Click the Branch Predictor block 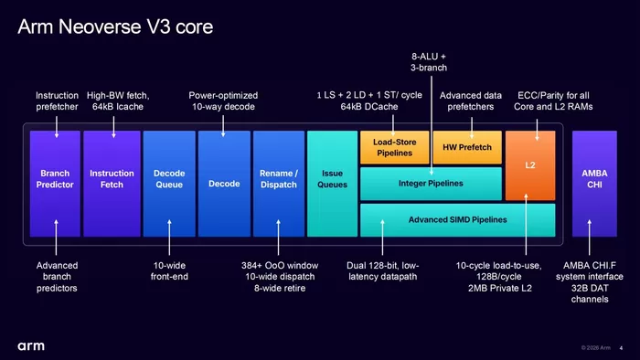(x=55, y=184)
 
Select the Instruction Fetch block (x=112, y=184)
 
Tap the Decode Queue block (x=169, y=184)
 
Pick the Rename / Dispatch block (x=279, y=184)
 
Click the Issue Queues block (x=332, y=184)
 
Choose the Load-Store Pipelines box (x=394, y=147)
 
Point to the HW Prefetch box (x=467, y=147)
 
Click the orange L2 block (x=530, y=165)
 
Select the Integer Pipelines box (x=431, y=184)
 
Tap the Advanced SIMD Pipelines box (x=457, y=220)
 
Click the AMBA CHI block (x=594, y=184)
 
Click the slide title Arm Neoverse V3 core (x=115, y=26)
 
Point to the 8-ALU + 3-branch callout (x=429, y=62)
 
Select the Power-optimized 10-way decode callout (x=223, y=101)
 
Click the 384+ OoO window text (x=280, y=265)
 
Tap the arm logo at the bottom (x=31, y=346)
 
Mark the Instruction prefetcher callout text (x=57, y=101)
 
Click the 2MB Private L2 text (x=500, y=288)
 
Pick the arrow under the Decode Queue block (x=169, y=238)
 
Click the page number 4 (x=621, y=348)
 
